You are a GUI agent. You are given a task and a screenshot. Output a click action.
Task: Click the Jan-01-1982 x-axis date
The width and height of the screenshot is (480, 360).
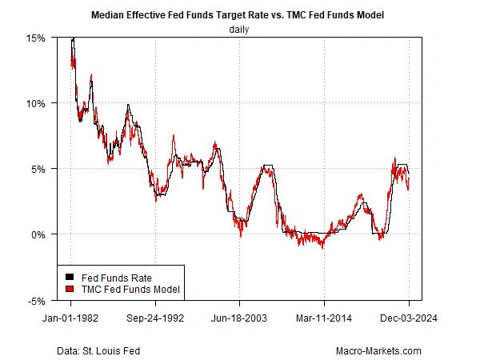(x=71, y=317)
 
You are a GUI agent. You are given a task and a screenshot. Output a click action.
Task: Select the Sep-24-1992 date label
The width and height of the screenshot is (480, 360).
(x=156, y=317)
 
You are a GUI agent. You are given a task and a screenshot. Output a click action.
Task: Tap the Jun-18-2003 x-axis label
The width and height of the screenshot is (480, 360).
(x=240, y=317)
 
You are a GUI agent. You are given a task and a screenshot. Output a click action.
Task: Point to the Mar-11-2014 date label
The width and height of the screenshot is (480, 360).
(x=325, y=317)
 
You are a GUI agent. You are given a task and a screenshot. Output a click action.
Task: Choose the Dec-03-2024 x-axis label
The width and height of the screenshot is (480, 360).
(x=409, y=317)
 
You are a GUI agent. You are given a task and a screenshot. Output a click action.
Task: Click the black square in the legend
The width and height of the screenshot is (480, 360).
(x=69, y=278)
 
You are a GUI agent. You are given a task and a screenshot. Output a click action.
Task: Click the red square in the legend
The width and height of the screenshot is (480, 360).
(x=69, y=289)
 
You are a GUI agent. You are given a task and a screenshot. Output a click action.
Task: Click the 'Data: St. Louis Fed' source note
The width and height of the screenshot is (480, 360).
(x=100, y=350)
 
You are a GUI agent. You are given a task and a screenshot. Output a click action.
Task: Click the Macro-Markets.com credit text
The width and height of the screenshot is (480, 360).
(x=379, y=350)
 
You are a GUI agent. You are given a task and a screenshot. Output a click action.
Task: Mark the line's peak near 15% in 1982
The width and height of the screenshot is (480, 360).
(x=73, y=38)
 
